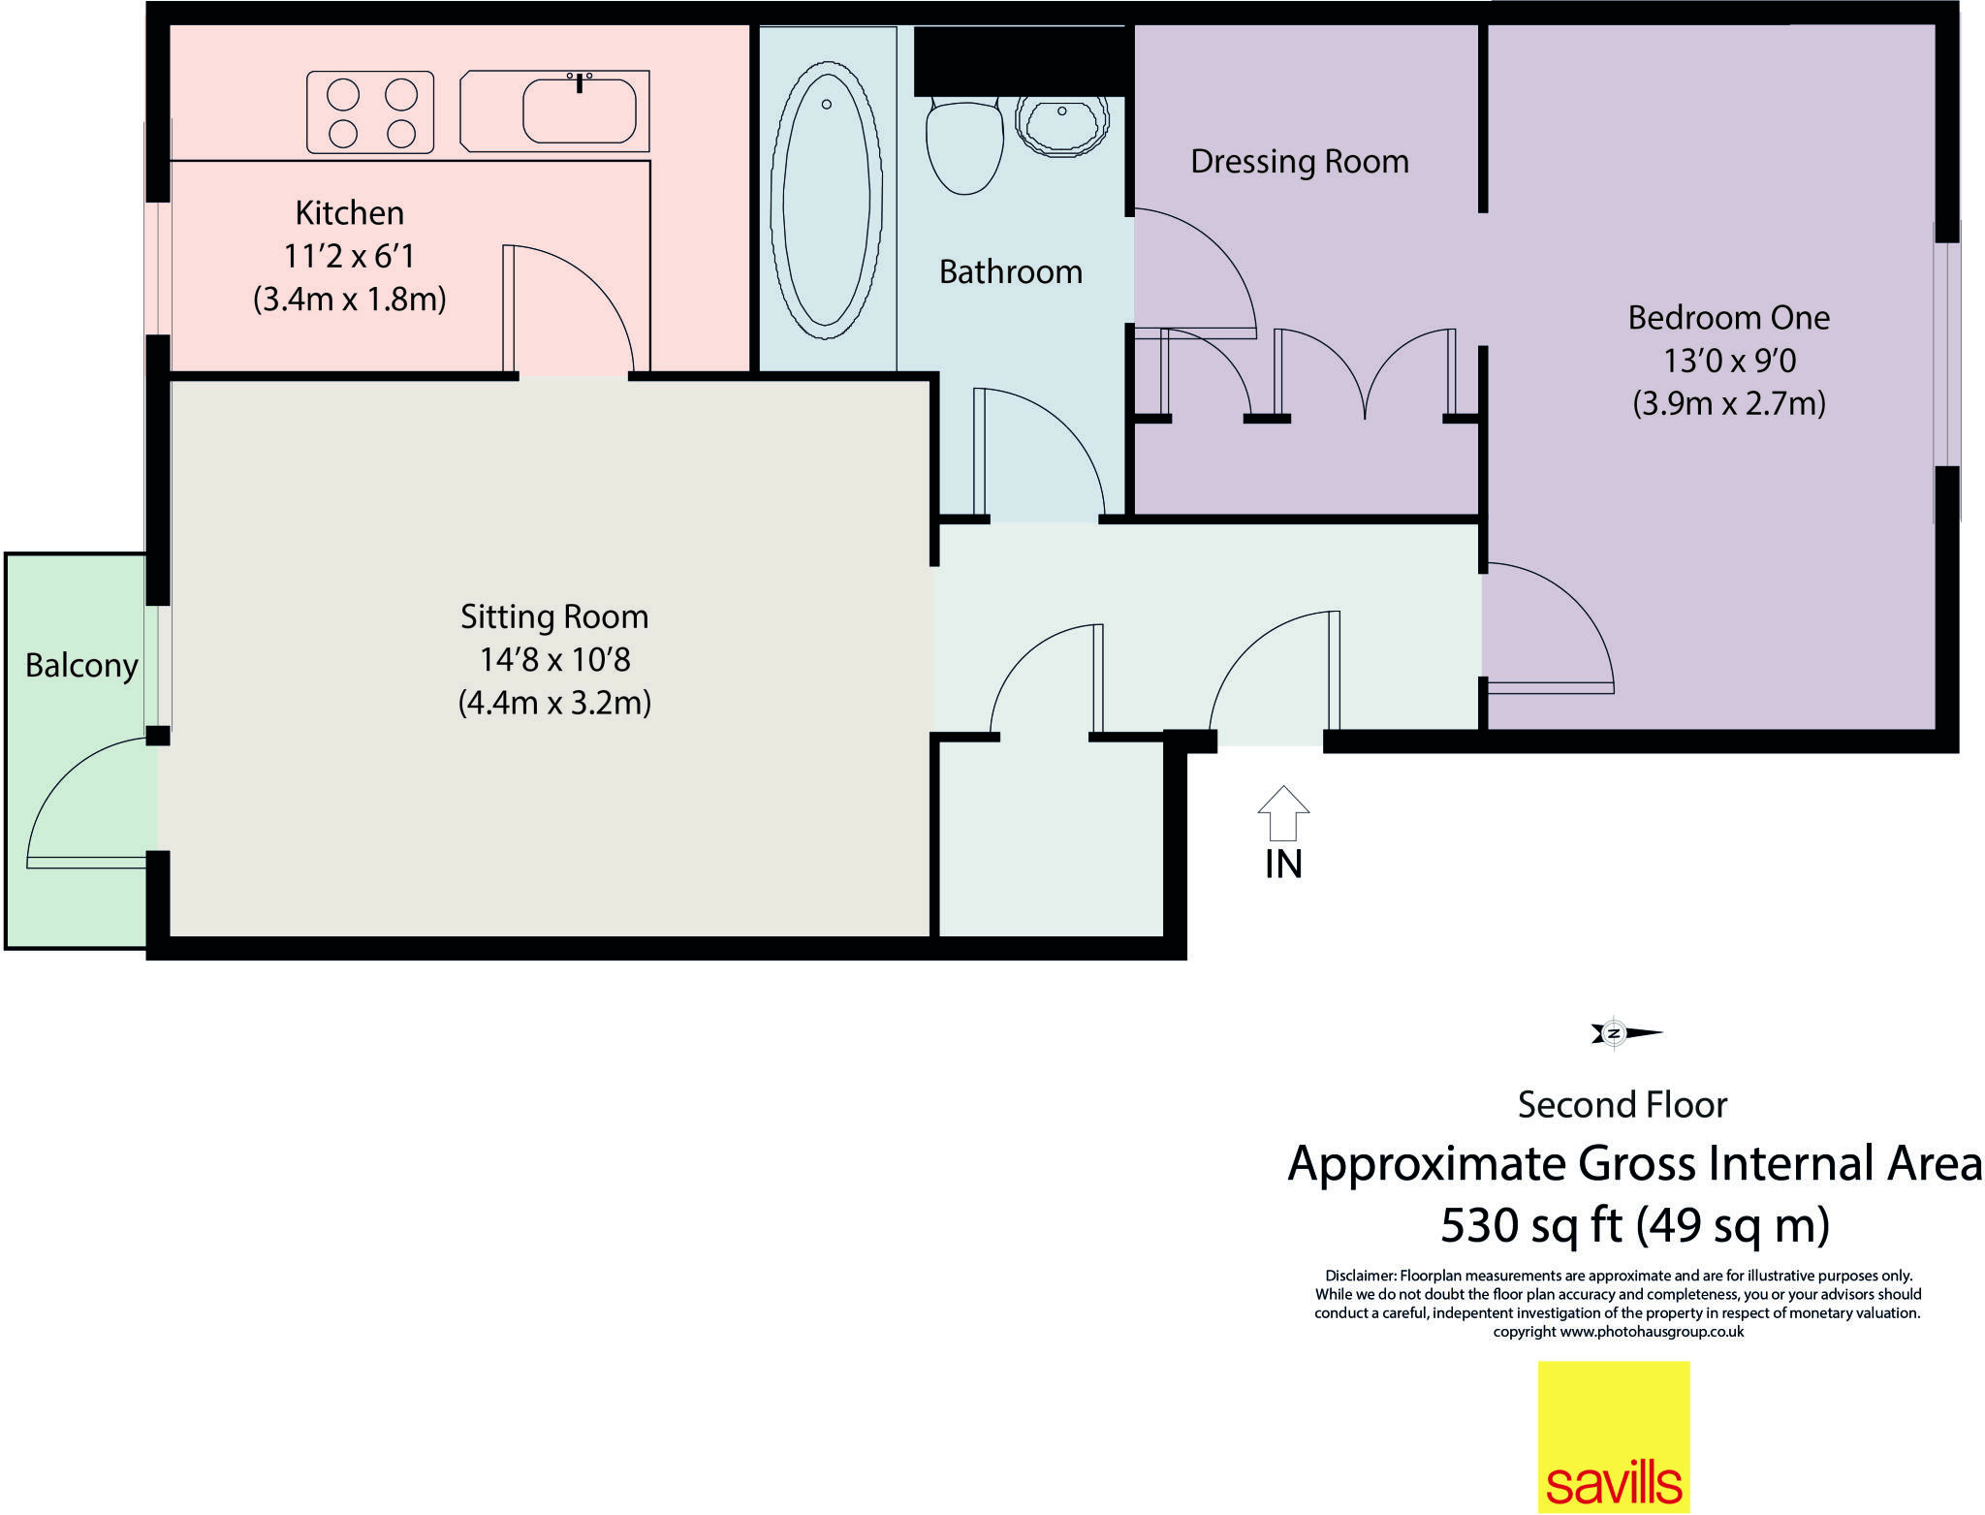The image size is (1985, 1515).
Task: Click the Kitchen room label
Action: (349, 212)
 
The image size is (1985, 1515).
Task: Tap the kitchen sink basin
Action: (579, 111)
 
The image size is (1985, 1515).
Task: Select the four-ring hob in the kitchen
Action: (370, 112)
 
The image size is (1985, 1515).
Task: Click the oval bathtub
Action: (827, 201)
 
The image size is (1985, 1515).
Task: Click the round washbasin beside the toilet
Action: (1061, 124)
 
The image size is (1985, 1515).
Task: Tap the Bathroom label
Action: (1010, 272)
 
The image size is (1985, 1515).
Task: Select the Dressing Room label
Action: (1299, 162)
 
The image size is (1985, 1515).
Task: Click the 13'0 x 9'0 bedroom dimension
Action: (1729, 362)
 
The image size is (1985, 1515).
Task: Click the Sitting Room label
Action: (553, 616)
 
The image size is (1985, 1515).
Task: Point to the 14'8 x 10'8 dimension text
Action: (554, 660)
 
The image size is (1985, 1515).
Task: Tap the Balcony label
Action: (81, 666)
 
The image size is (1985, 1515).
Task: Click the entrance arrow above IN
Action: (1283, 812)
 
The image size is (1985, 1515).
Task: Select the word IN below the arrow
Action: (1283, 865)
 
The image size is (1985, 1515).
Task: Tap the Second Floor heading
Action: (1622, 1105)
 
